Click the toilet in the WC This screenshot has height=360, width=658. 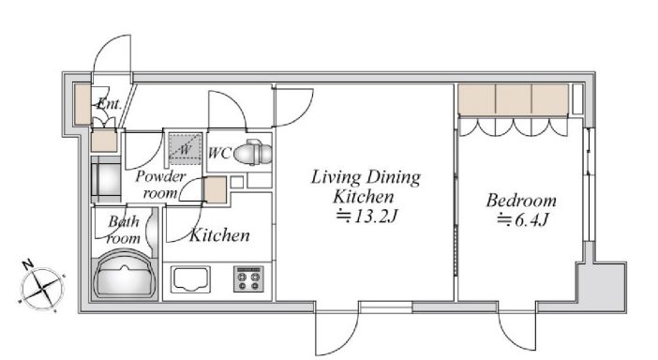click(x=253, y=153)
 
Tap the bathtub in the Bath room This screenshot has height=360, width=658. click(x=125, y=276)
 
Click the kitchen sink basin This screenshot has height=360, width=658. click(x=190, y=279)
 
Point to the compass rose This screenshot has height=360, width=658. click(x=41, y=289)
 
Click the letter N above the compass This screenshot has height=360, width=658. click(x=28, y=264)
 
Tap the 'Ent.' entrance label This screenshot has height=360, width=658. click(x=109, y=103)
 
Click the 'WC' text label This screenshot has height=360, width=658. click(x=219, y=153)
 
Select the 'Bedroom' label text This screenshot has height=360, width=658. click(x=521, y=201)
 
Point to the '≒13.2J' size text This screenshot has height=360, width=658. click(x=366, y=217)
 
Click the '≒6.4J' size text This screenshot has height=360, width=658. click(x=522, y=219)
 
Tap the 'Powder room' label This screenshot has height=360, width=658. click(x=160, y=185)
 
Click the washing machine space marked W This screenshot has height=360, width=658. click(x=185, y=149)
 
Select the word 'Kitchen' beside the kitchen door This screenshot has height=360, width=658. click(x=219, y=235)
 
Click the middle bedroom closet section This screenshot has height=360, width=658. click(x=514, y=99)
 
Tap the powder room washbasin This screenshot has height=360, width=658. click(x=106, y=180)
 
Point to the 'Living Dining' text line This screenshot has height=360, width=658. click(x=366, y=177)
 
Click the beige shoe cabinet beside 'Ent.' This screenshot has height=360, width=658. click(x=82, y=105)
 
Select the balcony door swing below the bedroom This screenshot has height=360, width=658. click(x=517, y=331)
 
